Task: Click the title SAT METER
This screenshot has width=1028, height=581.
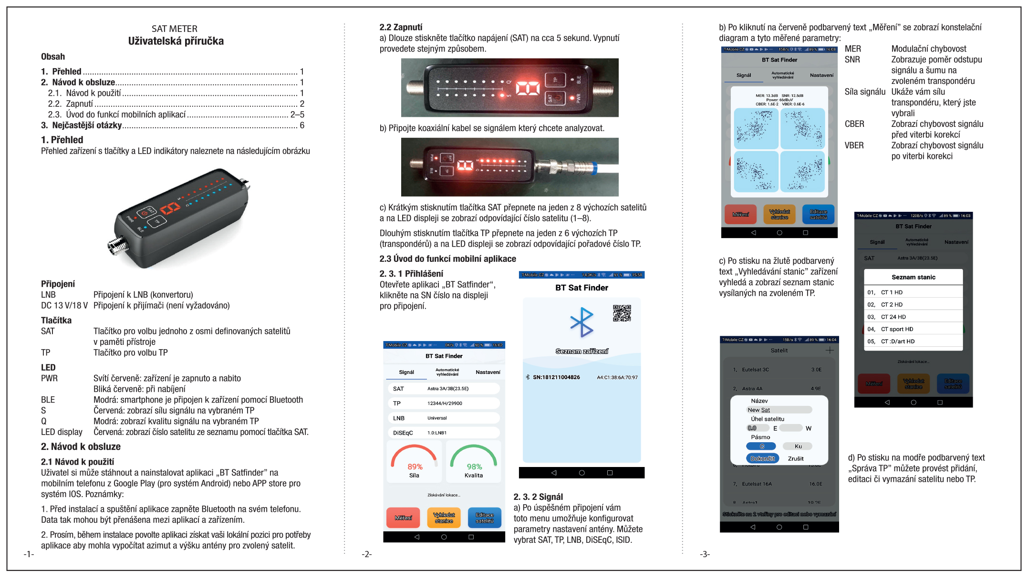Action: [175, 29]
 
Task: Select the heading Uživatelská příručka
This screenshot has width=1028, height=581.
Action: [176, 41]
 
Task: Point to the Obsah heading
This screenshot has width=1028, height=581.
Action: [53, 56]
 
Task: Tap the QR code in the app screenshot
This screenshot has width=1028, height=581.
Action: [622, 313]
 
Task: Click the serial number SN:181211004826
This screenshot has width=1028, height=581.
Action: [556, 377]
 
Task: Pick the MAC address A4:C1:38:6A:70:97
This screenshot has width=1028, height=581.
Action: [617, 377]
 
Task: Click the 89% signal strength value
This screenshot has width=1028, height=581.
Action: [415, 467]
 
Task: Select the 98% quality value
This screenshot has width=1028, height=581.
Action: [474, 467]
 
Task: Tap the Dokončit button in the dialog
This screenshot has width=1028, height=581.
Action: [762, 458]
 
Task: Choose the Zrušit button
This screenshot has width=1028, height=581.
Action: [796, 458]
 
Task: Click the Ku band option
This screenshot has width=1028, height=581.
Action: [798, 446]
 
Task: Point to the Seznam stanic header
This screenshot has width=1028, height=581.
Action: [914, 277]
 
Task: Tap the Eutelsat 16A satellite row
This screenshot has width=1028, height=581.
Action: [757, 484]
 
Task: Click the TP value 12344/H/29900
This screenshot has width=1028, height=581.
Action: [445, 404]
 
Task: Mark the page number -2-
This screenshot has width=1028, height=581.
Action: [366, 554]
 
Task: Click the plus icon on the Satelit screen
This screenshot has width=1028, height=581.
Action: [830, 350]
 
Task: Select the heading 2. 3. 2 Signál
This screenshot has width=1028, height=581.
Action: [538, 497]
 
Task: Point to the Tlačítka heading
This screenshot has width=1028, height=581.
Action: [56, 320]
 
